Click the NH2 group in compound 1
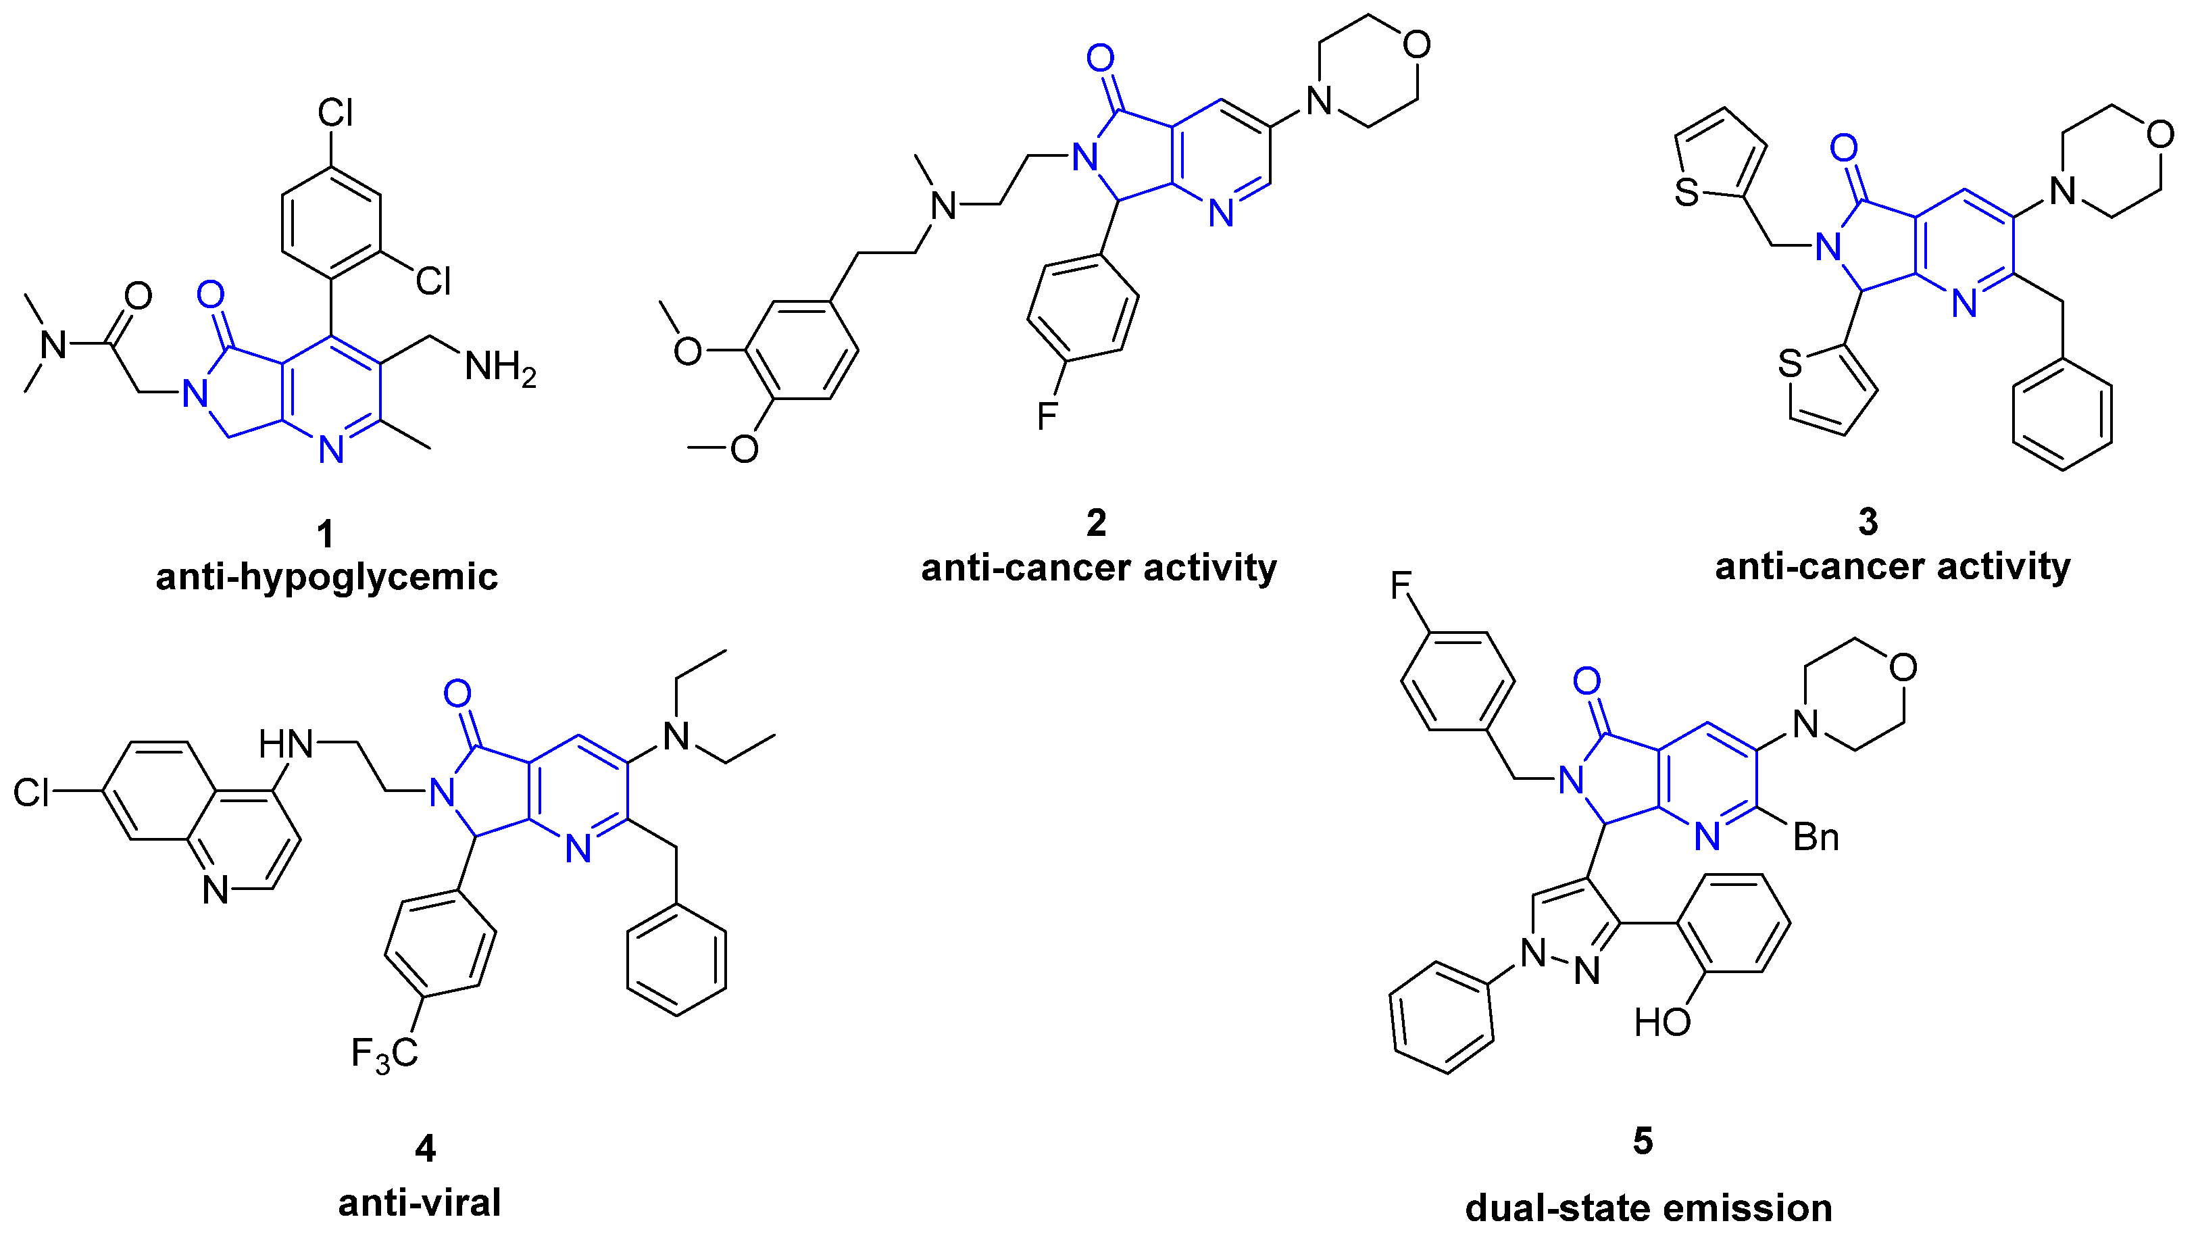tap(499, 369)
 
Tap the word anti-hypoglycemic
tap(326, 576)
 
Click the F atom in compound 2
tap(1047, 417)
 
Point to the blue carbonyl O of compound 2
tap(1100, 58)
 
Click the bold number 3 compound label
tap(1868, 522)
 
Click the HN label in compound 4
tap(286, 745)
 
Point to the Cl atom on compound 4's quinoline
tap(32, 793)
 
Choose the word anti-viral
tap(420, 1203)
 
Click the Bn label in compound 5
tap(1816, 837)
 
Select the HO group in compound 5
tap(1662, 1022)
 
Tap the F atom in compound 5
tap(1401, 586)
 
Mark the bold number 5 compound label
tap(1643, 1141)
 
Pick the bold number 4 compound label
tap(425, 1149)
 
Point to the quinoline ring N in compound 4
tap(216, 890)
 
